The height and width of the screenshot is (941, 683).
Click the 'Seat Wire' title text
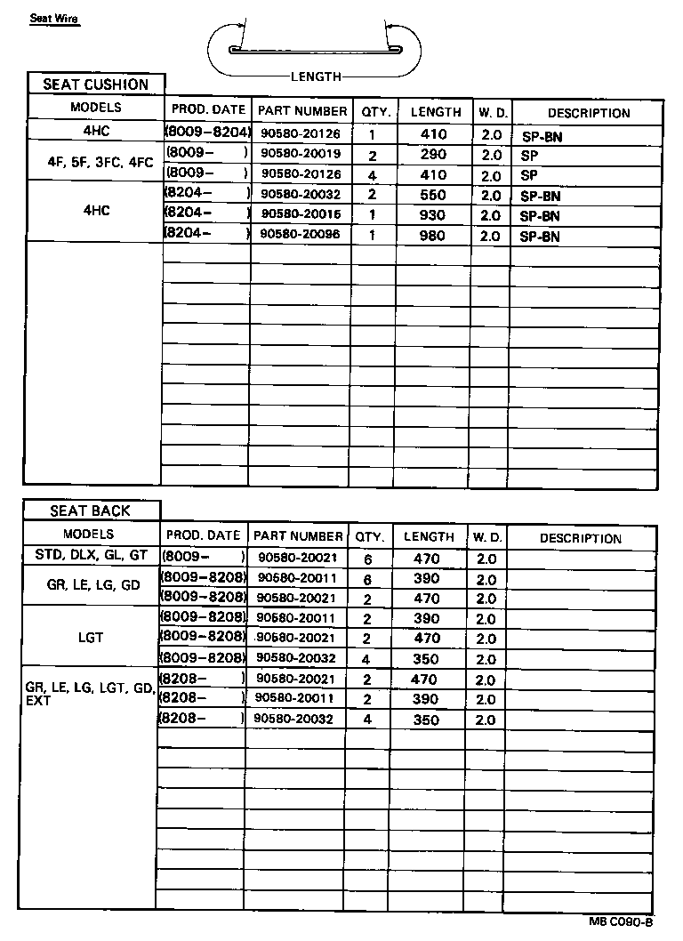pyautogui.click(x=54, y=18)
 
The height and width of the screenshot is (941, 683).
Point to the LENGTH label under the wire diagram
pyautogui.click(x=316, y=77)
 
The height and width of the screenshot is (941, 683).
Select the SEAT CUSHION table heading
pyautogui.click(x=96, y=85)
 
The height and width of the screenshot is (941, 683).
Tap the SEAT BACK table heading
pyautogui.click(x=90, y=511)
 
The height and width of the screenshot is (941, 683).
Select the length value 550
pyautogui.click(x=433, y=196)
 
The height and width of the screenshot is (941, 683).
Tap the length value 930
pyautogui.click(x=433, y=216)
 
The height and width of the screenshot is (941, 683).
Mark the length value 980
pyautogui.click(x=433, y=237)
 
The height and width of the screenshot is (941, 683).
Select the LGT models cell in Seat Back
pyautogui.click(x=90, y=638)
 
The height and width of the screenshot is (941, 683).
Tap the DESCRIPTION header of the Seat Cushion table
pyautogui.click(x=588, y=113)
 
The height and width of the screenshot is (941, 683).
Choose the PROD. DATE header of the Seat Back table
pyautogui.click(x=203, y=535)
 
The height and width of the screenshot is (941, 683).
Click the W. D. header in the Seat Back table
pyautogui.click(x=487, y=537)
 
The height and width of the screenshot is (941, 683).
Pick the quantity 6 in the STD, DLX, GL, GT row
pyautogui.click(x=366, y=559)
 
